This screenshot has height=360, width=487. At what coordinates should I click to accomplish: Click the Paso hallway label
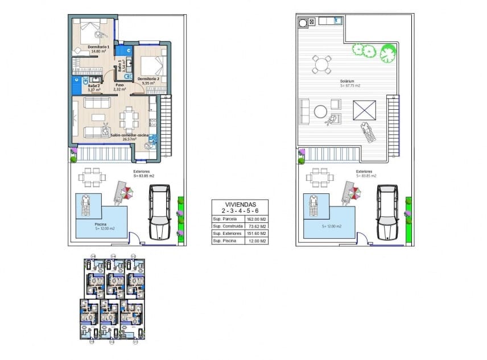119,85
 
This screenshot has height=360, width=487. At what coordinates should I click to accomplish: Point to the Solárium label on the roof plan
347,81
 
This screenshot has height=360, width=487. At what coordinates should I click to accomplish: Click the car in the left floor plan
159,212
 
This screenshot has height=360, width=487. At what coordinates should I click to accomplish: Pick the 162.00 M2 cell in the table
256,218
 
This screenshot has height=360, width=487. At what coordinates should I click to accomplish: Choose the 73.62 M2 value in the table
256,226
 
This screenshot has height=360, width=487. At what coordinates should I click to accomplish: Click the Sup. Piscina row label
224,241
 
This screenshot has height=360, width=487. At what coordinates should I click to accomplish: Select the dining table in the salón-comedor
128,119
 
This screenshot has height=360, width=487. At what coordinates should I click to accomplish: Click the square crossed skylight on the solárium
364,109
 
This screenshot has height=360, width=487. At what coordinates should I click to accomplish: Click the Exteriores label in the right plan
364,171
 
